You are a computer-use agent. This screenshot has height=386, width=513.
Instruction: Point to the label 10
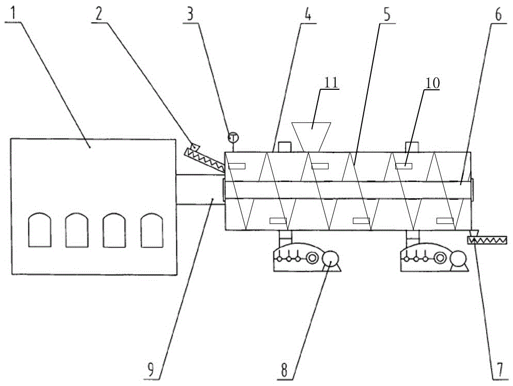click(x=430, y=83)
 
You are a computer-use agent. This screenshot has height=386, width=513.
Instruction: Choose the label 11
click(x=329, y=82)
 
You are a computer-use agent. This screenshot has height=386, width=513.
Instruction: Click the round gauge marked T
click(x=234, y=138)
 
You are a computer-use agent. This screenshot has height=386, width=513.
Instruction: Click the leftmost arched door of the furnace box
click(x=39, y=230)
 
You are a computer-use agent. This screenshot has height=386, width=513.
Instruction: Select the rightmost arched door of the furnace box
click(x=152, y=230)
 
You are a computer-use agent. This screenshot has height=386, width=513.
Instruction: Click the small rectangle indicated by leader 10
click(x=403, y=166)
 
